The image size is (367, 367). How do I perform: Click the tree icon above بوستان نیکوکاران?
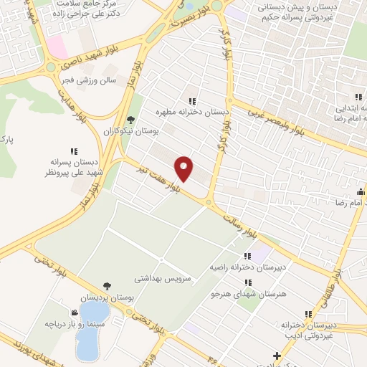(x=130, y=120)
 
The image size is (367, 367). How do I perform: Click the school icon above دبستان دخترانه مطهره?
(x=191, y=101)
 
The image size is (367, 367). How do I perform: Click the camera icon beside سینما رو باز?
(x=75, y=313)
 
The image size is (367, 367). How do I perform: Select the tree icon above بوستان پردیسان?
(x=107, y=286)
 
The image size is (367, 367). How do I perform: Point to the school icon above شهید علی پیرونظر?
(x=74, y=151)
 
